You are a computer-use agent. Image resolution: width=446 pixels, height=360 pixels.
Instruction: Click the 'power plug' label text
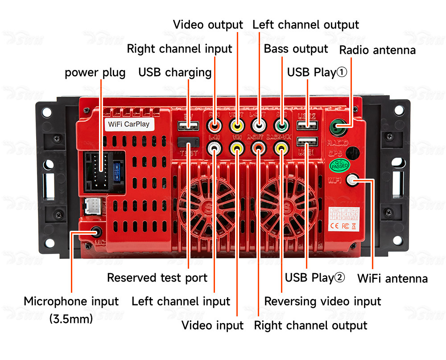point(95,73)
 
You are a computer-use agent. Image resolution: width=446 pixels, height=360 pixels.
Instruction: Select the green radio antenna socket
point(338,128)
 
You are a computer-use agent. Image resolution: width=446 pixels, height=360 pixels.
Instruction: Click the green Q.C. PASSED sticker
point(339,165)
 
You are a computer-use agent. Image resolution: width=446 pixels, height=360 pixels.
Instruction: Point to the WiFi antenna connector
point(352,180)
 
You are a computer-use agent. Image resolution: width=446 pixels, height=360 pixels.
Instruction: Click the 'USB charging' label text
point(175,72)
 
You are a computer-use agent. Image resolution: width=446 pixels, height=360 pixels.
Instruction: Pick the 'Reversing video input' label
point(322,301)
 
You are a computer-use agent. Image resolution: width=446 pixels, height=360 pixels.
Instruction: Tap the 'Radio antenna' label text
point(377,50)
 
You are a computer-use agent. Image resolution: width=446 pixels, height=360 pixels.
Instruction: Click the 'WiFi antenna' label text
point(392,279)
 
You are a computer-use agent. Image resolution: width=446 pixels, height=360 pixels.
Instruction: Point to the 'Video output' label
point(208,25)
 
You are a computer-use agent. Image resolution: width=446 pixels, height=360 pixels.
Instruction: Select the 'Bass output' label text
point(296,49)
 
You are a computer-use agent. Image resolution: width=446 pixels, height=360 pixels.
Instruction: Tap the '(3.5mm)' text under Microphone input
point(71,319)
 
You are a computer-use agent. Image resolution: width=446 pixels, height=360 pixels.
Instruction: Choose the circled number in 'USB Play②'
point(339,278)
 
